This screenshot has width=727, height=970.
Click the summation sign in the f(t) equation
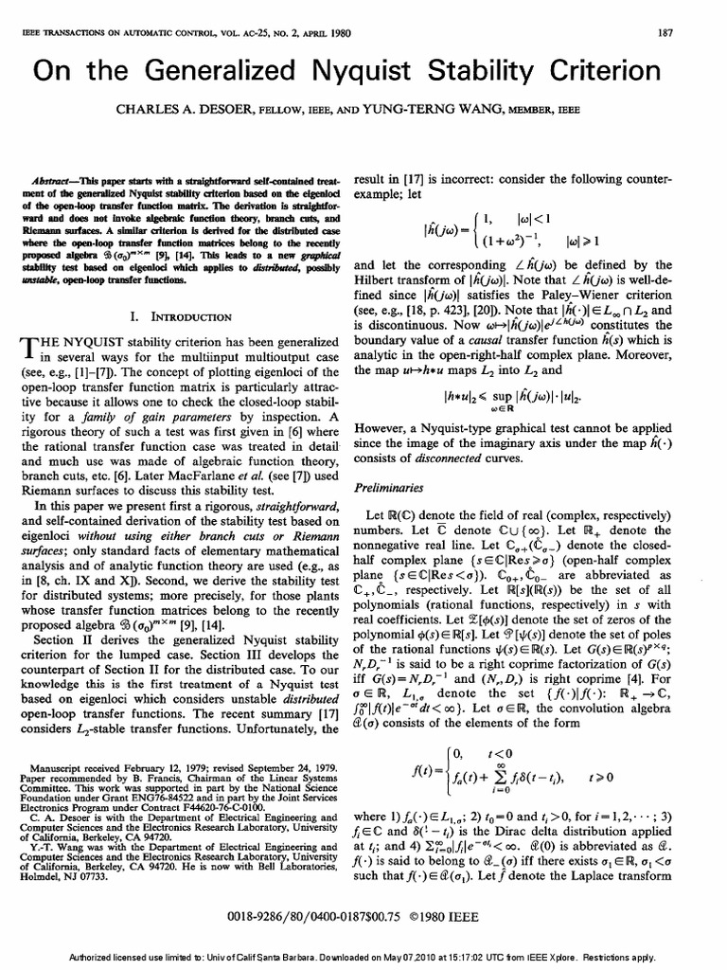click(523, 769)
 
